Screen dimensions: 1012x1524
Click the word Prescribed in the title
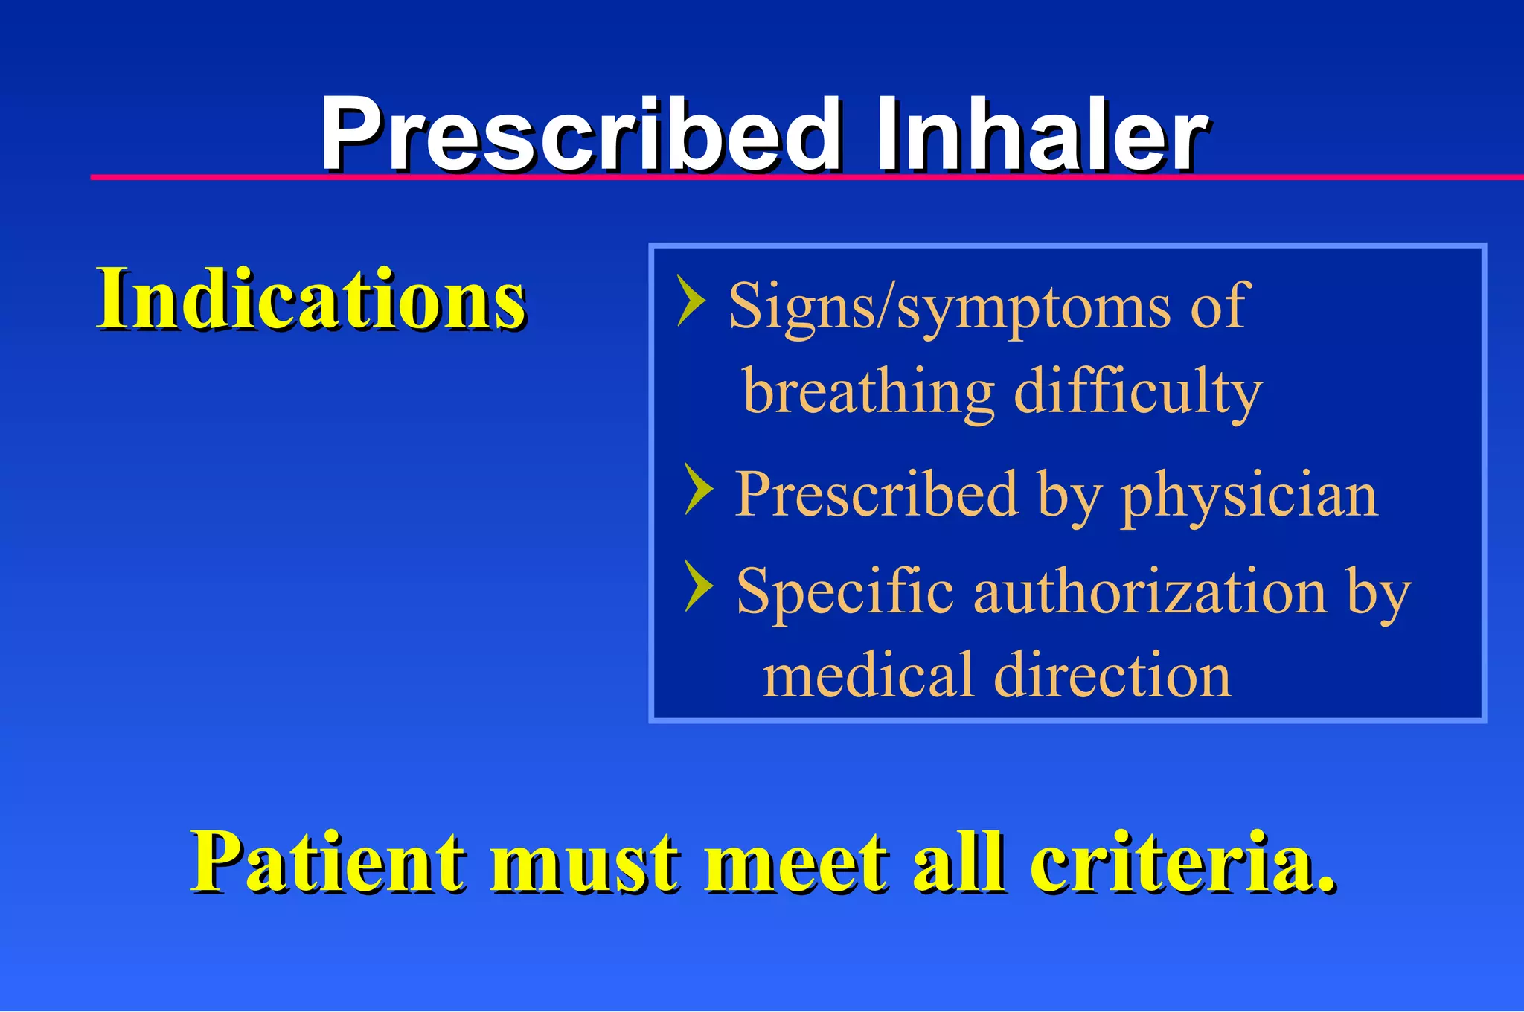point(580,135)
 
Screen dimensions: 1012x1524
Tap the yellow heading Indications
point(311,299)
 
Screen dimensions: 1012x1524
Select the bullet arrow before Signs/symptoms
point(691,301)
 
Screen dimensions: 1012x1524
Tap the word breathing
point(868,392)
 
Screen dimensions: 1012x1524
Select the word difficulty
point(1138,392)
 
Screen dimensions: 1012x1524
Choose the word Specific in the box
point(845,593)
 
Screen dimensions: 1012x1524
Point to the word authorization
point(1150,592)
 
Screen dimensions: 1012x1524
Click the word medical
point(868,675)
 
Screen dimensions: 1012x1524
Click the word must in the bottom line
point(584,863)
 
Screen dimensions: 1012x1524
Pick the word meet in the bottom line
point(796,863)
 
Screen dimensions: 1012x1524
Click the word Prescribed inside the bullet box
point(876,495)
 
